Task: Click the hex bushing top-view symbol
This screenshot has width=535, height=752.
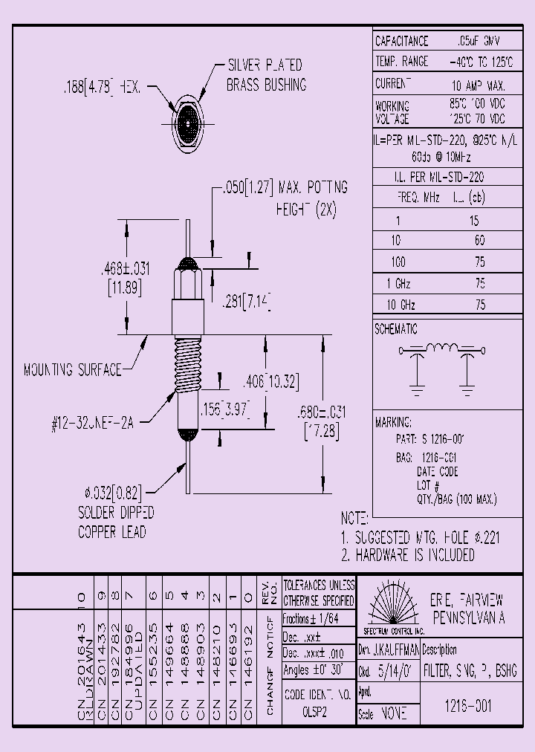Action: (187, 117)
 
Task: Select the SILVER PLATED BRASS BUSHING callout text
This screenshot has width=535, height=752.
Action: (266, 75)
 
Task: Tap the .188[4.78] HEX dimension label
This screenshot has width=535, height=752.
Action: (107, 88)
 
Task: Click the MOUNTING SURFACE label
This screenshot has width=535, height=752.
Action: (73, 369)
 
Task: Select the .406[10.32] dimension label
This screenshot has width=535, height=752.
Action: (270, 382)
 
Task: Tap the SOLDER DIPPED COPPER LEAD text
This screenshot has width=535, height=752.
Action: (116, 522)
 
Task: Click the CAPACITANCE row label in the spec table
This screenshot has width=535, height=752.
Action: (402, 42)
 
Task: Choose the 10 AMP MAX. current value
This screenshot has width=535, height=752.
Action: (478, 85)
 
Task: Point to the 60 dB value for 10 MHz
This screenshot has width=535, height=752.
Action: (479, 241)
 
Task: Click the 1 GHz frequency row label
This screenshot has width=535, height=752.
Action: (398, 283)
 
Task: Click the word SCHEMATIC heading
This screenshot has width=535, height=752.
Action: (396, 329)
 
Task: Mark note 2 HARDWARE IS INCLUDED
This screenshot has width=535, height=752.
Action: (407, 555)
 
